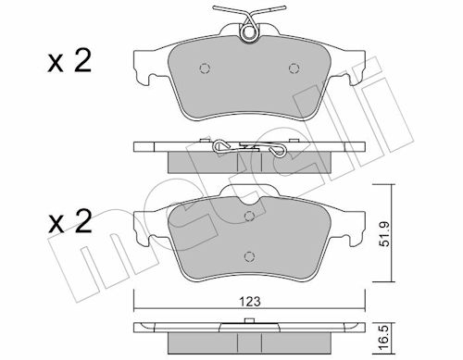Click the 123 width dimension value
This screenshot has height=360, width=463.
(x=250, y=301)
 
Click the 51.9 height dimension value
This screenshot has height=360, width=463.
(x=385, y=234)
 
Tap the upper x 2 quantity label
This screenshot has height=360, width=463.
(x=69, y=62)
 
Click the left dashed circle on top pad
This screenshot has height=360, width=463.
(x=205, y=68)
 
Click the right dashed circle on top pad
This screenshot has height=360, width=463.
(x=294, y=68)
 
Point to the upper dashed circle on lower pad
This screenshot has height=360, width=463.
(x=249, y=216)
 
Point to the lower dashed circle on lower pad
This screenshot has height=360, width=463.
(x=249, y=256)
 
